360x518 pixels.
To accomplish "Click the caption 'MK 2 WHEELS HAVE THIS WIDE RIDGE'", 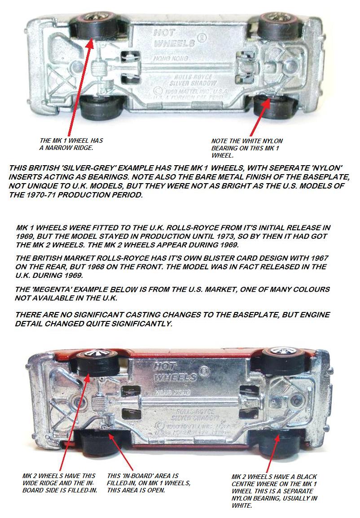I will point(60,483).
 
